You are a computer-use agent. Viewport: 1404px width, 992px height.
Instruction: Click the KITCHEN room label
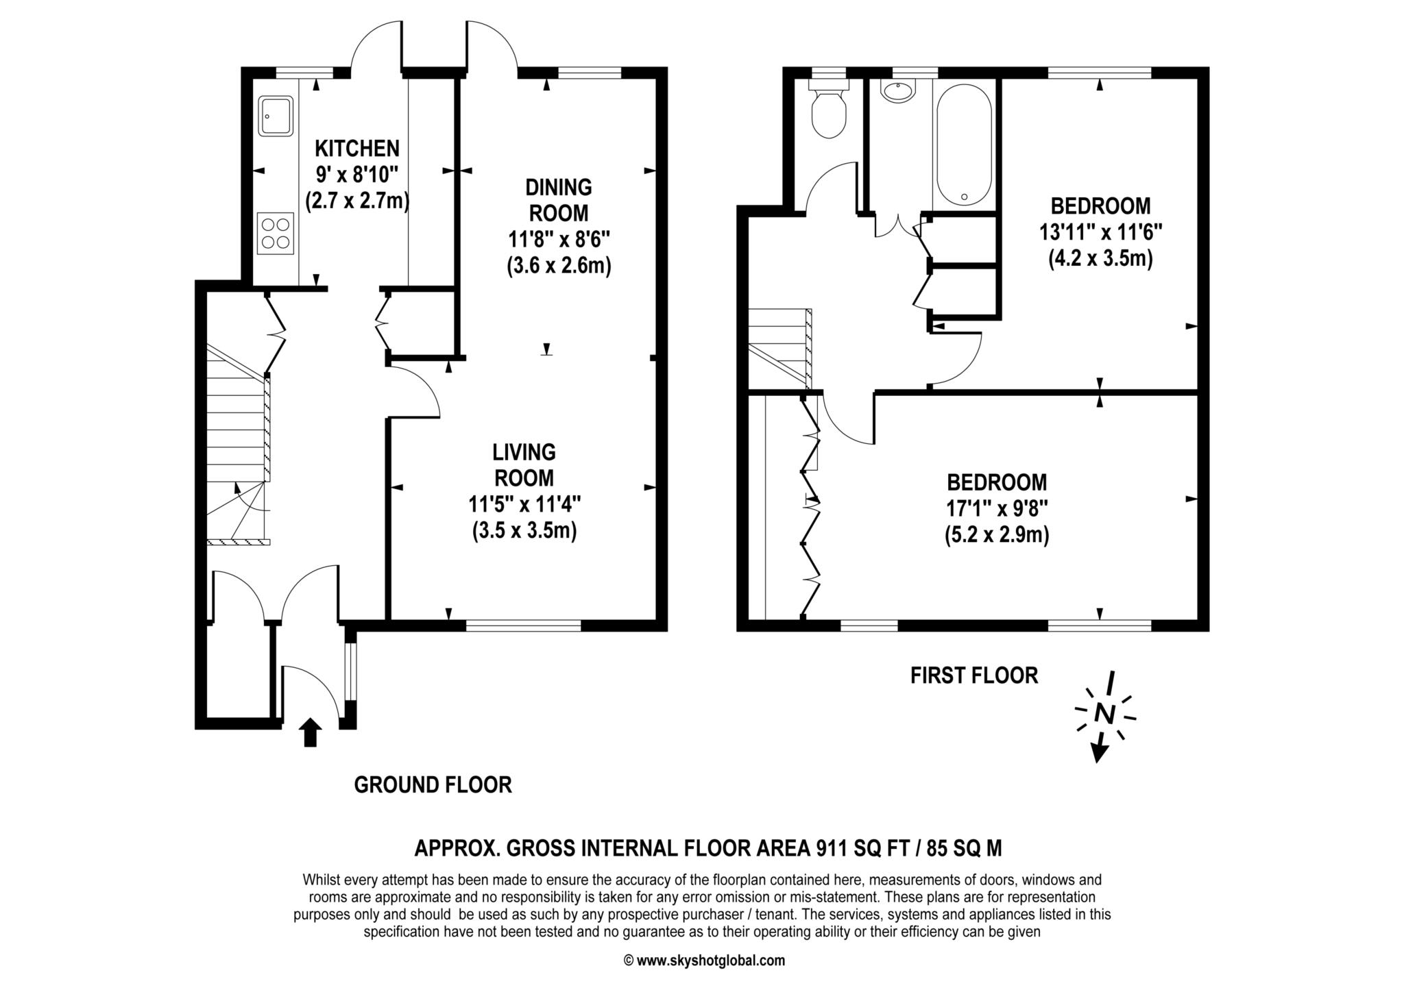(x=356, y=148)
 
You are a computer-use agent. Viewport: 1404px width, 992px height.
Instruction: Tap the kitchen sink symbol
(x=276, y=115)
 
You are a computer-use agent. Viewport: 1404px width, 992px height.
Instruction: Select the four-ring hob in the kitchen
(x=276, y=233)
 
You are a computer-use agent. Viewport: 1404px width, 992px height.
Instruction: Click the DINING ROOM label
(x=559, y=200)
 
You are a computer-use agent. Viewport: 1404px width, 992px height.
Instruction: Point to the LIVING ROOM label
(x=524, y=464)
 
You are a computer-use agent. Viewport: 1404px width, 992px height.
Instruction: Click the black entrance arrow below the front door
(x=311, y=732)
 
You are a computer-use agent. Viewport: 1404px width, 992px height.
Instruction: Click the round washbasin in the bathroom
(x=897, y=92)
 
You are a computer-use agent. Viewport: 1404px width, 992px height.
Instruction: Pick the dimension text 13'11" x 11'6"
(x=1101, y=232)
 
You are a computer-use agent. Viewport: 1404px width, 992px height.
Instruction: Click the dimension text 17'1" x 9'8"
(x=997, y=508)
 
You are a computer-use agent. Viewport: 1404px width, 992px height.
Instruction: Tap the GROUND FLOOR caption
(x=433, y=784)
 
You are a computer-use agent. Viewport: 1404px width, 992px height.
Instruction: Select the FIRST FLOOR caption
(x=974, y=675)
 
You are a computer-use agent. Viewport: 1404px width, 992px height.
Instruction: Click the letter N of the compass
(x=1104, y=713)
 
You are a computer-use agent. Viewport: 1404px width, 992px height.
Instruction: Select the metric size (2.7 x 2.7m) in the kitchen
(x=356, y=201)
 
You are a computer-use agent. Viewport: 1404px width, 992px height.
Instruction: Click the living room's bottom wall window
(x=524, y=625)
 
